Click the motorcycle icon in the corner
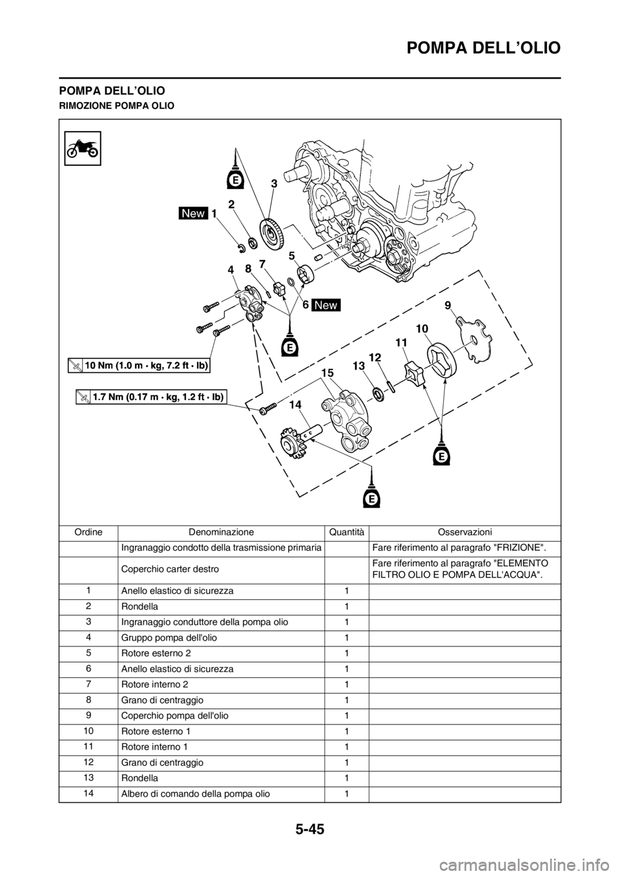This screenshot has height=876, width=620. tap(82, 147)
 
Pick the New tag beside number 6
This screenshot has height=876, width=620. tap(326, 304)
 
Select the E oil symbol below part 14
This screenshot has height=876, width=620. tap(371, 498)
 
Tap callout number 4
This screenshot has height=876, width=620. tap(231, 272)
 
